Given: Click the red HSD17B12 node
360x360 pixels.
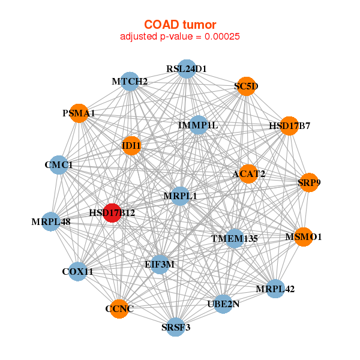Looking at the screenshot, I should coord(112,212).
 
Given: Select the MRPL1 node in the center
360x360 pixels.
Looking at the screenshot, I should coord(180,196).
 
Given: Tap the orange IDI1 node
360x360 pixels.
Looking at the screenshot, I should coord(131,146).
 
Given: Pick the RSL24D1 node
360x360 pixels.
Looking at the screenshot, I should coord(187,69).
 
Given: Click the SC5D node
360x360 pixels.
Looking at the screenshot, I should coord(245,86).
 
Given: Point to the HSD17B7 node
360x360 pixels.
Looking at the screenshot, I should coord(289,126).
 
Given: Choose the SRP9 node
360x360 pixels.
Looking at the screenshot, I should coord(308,182).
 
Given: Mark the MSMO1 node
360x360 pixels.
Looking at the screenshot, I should coord(303,237).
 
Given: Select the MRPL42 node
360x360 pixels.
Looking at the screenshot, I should coord(275,289).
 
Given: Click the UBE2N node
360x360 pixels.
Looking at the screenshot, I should coord(223,304).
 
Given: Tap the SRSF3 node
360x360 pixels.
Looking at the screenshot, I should coord(175,327).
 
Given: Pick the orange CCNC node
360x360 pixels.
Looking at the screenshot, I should coord(119,309).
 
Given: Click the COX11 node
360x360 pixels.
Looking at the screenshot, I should coord(78,272).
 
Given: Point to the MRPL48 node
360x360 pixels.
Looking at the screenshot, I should coord(51,222).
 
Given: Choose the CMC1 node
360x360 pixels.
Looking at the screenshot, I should coord(59,164).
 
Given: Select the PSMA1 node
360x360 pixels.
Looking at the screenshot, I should coord(79,113).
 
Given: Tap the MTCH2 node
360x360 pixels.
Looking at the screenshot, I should coord(130,81).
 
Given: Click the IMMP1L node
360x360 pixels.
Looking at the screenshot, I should coord(198,125).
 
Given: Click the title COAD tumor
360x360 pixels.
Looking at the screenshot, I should coord(180,25).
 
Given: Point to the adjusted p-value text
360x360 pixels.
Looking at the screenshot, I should coord(180,37).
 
